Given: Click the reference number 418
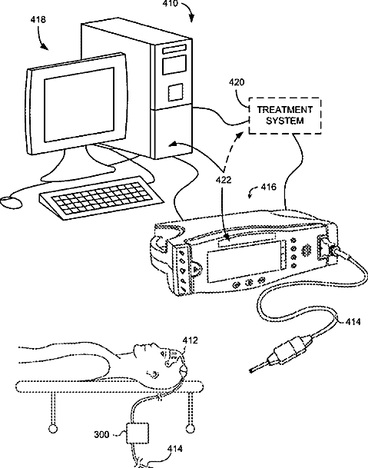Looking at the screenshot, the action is click(38, 20).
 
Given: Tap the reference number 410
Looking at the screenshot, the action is click(170, 4).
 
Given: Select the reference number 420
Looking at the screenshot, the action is click(237, 82).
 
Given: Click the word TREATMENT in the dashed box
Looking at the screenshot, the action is click(285, 110).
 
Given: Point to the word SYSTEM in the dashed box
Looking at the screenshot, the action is click(285, 121).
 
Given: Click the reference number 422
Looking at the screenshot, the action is click(224, 180).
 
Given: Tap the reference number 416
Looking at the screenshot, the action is click(269, 188).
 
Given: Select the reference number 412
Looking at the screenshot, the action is click(190, 340).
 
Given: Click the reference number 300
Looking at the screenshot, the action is click(101, 435).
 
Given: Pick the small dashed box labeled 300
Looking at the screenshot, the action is click(138, 433).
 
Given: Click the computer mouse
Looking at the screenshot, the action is click(11, 203).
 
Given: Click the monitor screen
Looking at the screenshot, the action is click(79, 105).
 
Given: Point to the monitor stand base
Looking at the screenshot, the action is click(78, 173).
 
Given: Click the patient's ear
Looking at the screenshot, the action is click(153, 373).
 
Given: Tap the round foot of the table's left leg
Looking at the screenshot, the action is click(53, 429).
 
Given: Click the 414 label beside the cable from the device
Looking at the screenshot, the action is click(353, 322).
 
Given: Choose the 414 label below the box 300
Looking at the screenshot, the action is click(175, 449).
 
